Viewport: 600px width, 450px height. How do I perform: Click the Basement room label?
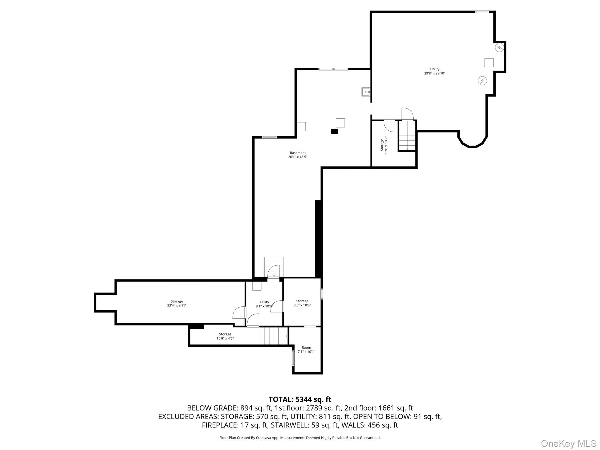click(297, 153)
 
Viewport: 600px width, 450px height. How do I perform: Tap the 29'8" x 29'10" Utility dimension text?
click(434, 74)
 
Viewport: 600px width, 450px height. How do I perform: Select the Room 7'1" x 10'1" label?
click(306, 350)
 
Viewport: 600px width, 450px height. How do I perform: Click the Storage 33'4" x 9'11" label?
click(177, 303)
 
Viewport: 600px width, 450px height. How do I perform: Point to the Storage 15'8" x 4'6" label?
click(225, 336)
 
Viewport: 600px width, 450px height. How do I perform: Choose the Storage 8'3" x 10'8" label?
click(302, 303)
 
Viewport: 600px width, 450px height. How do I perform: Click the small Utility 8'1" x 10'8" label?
click(264, 304)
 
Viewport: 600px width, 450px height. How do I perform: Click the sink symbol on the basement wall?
click(366, 92)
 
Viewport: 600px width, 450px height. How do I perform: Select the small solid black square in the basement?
click(334, 131)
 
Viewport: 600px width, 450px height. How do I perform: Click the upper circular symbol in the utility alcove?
click(499, 47)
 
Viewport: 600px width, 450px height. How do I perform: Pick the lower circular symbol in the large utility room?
click(482, 81)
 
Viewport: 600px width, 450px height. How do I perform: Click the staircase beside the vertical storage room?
click(407, 135)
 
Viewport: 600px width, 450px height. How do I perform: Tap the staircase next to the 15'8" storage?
click(274, 336)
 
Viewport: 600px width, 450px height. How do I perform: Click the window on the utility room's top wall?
click(482, 12)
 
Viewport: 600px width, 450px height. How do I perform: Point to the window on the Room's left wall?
click(293, 358)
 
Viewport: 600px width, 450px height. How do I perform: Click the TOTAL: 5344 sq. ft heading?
click(300, 399)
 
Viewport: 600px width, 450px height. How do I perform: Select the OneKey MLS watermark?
click(569, 443)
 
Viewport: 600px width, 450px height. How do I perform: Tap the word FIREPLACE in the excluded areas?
click(220, 425)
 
